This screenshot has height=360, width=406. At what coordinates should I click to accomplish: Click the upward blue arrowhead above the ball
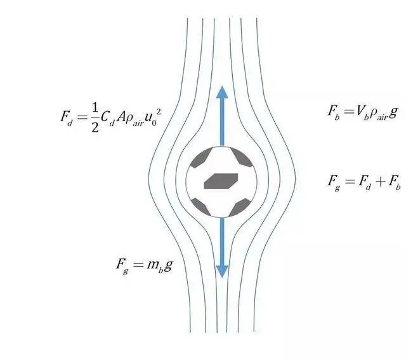click(222, 92)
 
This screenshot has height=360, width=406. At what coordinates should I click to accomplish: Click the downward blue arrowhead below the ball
click(222, 272)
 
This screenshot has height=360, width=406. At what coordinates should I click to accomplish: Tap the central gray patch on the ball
click(221, 181)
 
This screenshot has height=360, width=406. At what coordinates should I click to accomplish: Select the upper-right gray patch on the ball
click(241, 157)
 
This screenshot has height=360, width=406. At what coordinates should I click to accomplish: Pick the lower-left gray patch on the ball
click(201, 207)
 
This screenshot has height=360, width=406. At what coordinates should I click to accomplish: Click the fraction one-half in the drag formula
click(95, 117)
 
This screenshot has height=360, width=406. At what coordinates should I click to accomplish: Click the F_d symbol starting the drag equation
click(67, 117)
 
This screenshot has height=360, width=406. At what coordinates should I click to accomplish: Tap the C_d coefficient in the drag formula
click(107, 118)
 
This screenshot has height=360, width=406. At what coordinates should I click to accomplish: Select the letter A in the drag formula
click(121, 117)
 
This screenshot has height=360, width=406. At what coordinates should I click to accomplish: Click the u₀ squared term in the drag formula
click(152, 117)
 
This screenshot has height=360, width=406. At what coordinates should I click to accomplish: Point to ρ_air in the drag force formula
click(134, 119)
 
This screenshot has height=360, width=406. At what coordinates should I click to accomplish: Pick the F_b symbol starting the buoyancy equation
click(334, 112)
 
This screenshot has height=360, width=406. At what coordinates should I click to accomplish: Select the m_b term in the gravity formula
click(155, 266)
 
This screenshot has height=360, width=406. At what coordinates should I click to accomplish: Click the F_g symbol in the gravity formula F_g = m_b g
click(122, 266)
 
